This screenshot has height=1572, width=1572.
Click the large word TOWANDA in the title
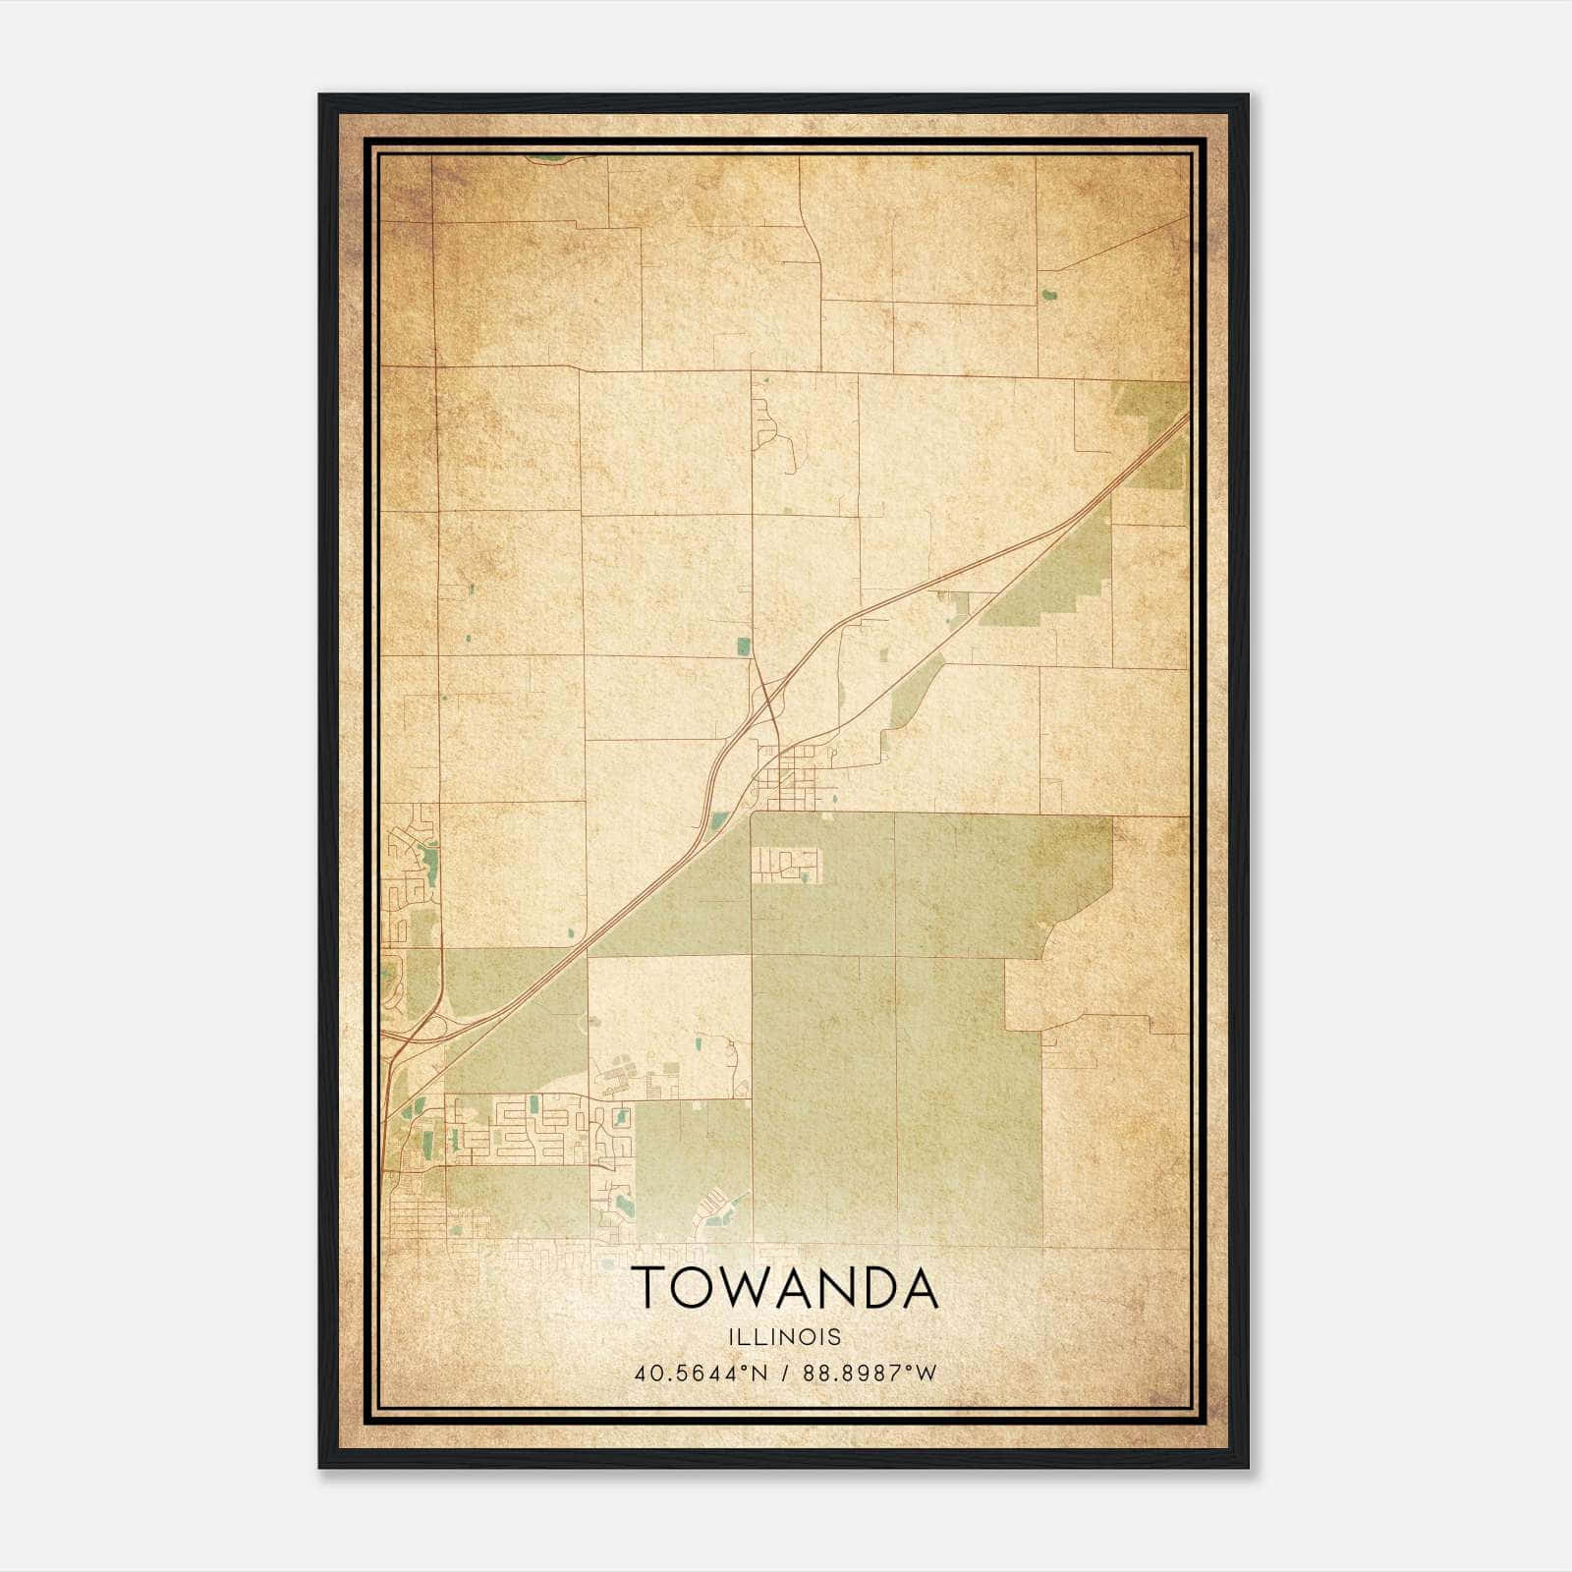tap(784, 1288)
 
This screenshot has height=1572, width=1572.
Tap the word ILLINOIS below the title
tap(784, 1337)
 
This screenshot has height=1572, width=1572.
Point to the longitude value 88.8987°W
tap(870, 1373)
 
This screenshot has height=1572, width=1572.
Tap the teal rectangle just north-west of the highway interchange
tap(744, 646)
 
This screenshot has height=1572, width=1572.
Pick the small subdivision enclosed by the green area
tap(785, 866)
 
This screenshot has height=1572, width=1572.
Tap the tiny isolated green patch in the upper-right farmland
tap(1048, 293)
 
